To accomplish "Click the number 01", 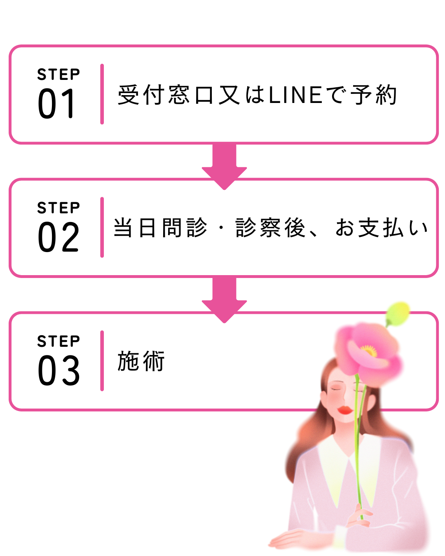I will [x=56, y=104].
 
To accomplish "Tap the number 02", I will [x=58, y=237].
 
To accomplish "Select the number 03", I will [x=59, y=371].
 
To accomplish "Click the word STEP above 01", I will [x=59, y=75].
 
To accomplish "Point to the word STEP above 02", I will [x=59, y=208].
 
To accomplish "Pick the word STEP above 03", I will [x=59, y=341].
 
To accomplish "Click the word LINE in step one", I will [x=295, y=95].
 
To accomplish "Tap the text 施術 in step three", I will [x=141, y=361].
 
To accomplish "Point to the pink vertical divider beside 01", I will [x=102, y=94].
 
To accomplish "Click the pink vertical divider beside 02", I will [x=102, y=227].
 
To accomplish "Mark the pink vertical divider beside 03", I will [x=102, y=361].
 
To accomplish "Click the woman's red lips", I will [x=344, y=410].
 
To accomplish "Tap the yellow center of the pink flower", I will [x=368, y=351].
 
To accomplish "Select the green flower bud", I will [x=398, y=311].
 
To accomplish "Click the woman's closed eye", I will [x=337, y=388].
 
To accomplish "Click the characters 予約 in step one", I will [x=374, y=95].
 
